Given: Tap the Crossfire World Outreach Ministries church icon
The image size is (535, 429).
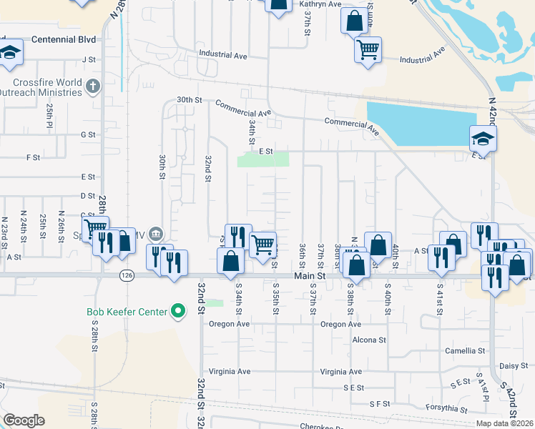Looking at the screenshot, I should (92, 87).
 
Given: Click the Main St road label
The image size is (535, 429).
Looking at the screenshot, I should (310, 275).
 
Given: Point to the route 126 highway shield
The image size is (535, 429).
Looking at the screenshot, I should (127, 275).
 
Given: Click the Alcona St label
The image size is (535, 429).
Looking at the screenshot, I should (368, 340).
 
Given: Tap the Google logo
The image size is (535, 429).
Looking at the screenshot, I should (24, 420).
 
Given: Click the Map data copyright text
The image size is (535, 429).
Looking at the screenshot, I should (504, 423).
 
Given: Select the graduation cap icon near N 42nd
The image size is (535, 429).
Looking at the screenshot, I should (483, 137).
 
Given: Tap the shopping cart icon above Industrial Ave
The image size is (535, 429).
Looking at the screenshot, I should (368, 49).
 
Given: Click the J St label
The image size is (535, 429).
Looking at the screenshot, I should (89, 60).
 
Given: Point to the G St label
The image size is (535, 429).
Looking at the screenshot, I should (89, 134).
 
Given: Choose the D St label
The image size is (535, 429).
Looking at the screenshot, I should (89, 195).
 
